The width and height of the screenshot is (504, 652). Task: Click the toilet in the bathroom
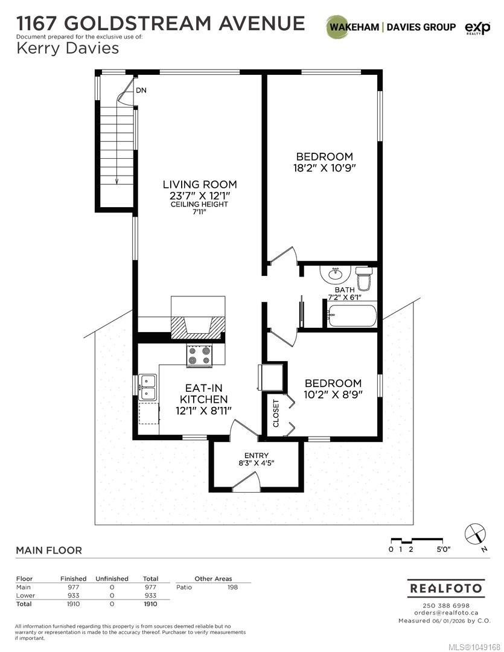point(364,277)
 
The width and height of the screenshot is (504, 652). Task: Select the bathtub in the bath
point(352,316)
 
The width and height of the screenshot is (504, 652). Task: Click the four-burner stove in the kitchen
point(199,356)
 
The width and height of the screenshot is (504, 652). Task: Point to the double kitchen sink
point(148,387)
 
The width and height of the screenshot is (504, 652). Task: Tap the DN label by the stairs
point(141,90)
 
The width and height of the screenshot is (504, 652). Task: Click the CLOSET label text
point(276,413)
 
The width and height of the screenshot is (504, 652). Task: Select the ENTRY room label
point(256,455)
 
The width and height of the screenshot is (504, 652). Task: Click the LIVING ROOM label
point(200,184)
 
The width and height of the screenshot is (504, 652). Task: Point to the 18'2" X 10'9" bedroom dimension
point(324,168)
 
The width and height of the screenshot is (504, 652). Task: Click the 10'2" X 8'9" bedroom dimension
point(333,394)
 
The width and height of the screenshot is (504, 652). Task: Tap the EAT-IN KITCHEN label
point(204,394)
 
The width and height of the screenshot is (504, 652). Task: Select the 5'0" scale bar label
point(443,549)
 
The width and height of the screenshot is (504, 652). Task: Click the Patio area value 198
point(232,587)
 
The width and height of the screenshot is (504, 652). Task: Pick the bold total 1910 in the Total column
point(150,604)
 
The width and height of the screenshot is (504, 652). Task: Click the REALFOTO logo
point(446,589)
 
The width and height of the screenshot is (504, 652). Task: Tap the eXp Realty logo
point(477,28)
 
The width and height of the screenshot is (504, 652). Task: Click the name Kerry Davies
point(68,48)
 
